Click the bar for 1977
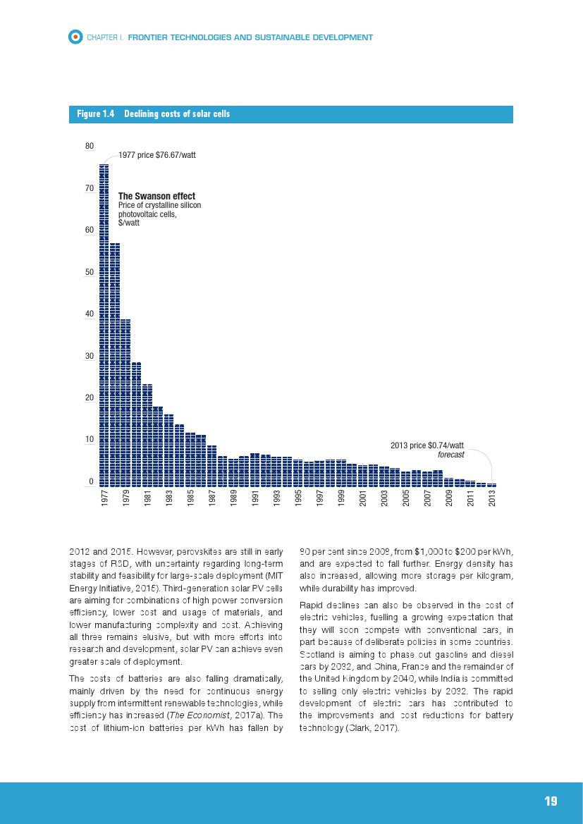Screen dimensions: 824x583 104,324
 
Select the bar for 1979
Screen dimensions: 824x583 125,402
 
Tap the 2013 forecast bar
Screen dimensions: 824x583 492,484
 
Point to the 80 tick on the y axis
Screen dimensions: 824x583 90,146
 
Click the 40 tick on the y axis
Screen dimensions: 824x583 90,314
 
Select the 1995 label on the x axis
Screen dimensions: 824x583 299,498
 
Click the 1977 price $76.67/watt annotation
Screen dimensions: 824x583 157,154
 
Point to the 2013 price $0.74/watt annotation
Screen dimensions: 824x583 427,445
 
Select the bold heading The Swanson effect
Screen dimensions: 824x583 157,196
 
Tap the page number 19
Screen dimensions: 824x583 551,801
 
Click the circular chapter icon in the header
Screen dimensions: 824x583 75,37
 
